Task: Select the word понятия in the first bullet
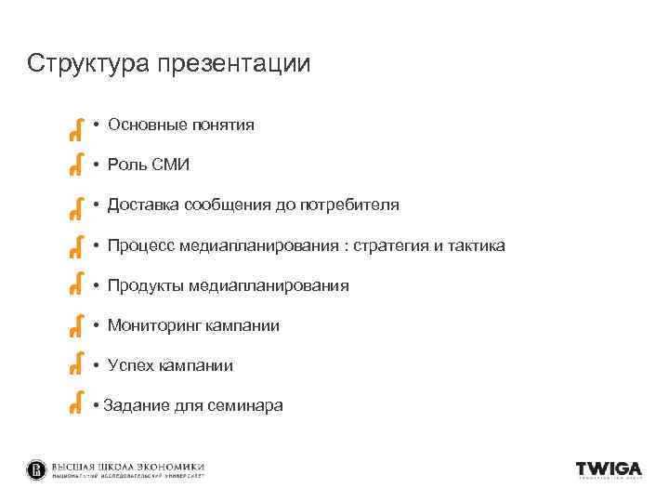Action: tap(223, 125)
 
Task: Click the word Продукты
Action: tap(145, 285)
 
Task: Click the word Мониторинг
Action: tap(152, 325)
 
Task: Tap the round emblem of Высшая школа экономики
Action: tap(36, 470)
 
